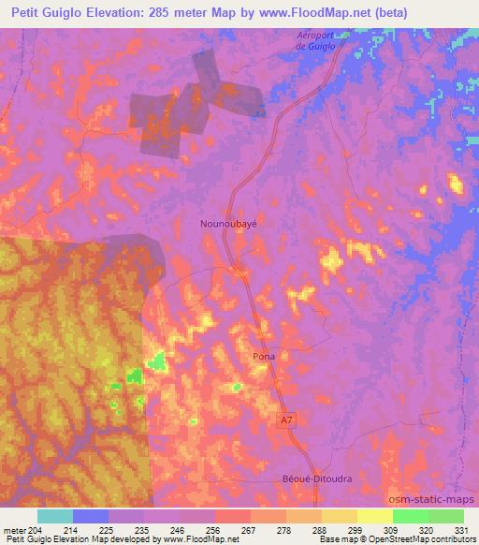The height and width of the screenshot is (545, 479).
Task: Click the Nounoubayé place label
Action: (228, 225)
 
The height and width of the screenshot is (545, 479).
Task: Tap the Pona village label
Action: (264, 357)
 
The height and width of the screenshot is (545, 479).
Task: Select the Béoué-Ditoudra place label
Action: (317, 478)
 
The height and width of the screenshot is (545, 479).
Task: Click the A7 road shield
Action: (284, 422)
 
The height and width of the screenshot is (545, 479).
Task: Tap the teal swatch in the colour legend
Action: (55, 516)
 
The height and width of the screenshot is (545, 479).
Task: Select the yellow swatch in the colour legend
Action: (374, 516)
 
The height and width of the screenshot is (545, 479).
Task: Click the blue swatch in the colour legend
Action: (91, 516)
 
